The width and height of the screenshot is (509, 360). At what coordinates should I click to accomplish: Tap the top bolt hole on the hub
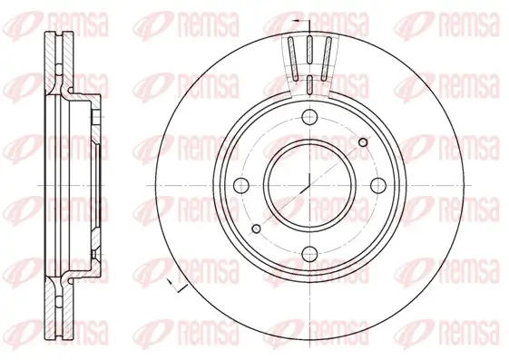[309, 115]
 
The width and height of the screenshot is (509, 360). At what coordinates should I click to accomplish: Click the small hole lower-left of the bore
[257, 226]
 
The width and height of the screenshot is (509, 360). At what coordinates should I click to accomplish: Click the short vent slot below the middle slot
[309, 87]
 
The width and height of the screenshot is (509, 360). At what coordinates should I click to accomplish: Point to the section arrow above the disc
[296, 17]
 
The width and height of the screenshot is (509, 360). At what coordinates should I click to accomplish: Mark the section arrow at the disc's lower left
[175, 287]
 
